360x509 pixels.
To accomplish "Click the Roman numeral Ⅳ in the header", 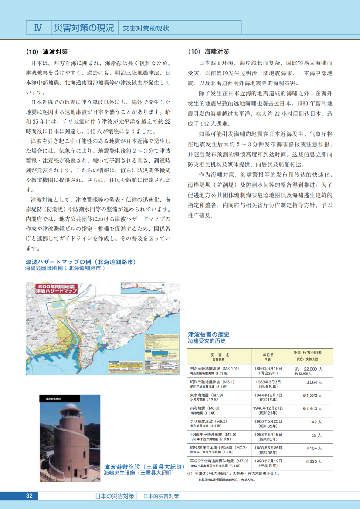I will [x=38, y=28].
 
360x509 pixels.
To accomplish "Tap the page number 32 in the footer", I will [x=30, y=496].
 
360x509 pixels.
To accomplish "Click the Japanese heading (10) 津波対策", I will [x=46, y=51].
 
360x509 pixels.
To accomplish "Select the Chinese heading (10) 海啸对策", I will [x=208, y=51].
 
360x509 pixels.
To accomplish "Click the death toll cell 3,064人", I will [x=314, y=382].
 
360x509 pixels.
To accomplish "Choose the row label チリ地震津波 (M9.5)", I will [x=208, y=421].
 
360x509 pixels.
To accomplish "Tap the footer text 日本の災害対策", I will [x=115, y=496].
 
